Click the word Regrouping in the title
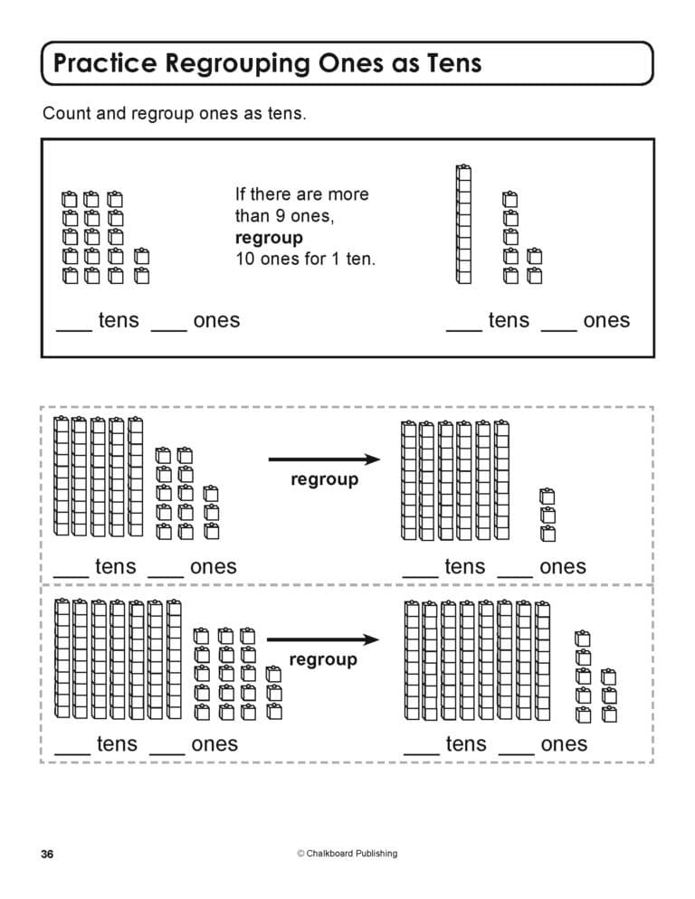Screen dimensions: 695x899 tap(237, 63)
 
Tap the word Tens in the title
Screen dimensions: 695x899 tap(454, 62)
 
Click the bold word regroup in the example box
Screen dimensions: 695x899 tap(269, 239)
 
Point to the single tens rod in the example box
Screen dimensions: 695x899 tap(463, 224)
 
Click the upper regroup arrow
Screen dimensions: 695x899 tap(324, 459)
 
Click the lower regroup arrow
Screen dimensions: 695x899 tap(323, 639)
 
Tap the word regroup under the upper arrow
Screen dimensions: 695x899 tap(324, 480)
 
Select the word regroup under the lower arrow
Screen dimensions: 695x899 tap(323, 660)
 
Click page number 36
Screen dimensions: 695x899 tap(47, 855)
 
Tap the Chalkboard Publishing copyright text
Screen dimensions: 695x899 tap(347, 853)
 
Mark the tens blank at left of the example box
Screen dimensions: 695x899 tap(74, 330)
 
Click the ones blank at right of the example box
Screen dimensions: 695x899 tap(559, 330)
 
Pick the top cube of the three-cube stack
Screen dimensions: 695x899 tap(547, 496)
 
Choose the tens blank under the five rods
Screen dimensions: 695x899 tap(71, 576)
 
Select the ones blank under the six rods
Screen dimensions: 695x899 tap(515, 576)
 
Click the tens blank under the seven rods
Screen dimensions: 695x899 tap(72, 754)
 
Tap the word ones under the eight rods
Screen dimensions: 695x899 tap(564, 744)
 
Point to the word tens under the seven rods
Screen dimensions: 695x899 tap(117, 743)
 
